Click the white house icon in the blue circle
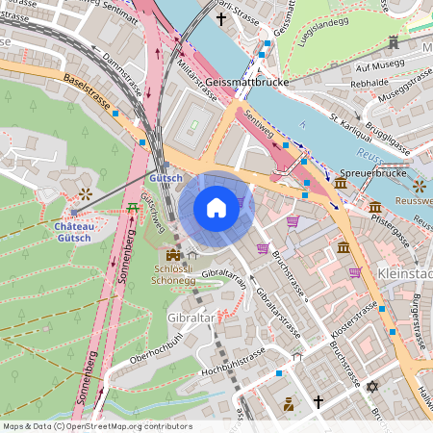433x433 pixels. point(216,208)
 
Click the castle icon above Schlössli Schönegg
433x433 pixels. point(173,256)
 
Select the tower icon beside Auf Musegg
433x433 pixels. point(394,43)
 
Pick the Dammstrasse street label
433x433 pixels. point(121,70)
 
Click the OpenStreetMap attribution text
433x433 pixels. point(96,425)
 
